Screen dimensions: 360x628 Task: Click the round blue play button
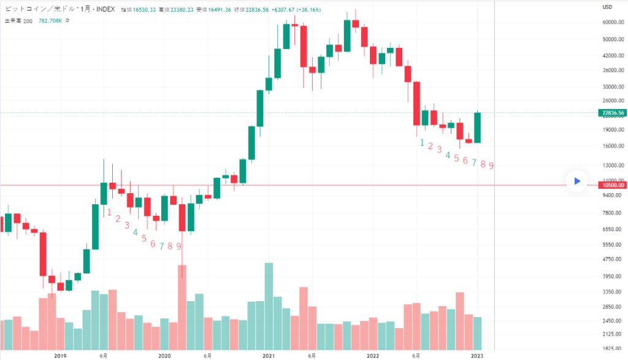tap(576, 181)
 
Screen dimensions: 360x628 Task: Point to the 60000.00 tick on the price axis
tap(613, 22)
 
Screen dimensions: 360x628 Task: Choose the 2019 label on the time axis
tap(59, 355)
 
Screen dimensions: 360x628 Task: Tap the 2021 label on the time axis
tap(268, 355)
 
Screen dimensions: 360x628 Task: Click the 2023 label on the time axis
tap(477, 355)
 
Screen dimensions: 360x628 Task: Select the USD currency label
tap(608, 7)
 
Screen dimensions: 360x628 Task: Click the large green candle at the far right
tap(477, 128)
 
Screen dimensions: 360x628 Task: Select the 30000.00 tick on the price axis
tap(613, 86)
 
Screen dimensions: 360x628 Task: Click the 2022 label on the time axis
tap(372, 355)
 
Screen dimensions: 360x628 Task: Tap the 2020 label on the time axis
tap(164, 355)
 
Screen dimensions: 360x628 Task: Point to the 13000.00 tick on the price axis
tap(613, 166)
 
